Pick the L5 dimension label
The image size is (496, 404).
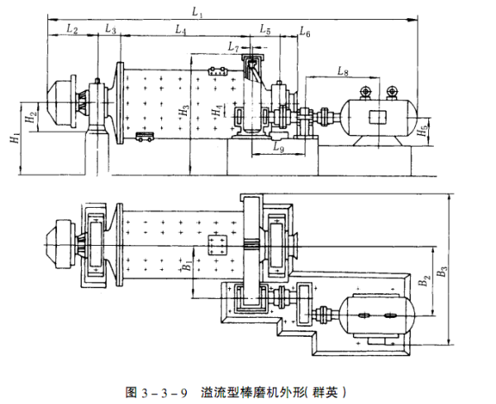pyautogui.click(x=265, y=30)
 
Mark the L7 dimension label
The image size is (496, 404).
pyautogui.click(x=237, y=50)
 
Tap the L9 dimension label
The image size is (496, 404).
pyautogui.click(x=279, y=150)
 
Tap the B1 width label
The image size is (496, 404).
pyautogui.click(x=187, y=267)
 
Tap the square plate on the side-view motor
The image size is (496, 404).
pyautogui.click(x=381, y=115)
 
